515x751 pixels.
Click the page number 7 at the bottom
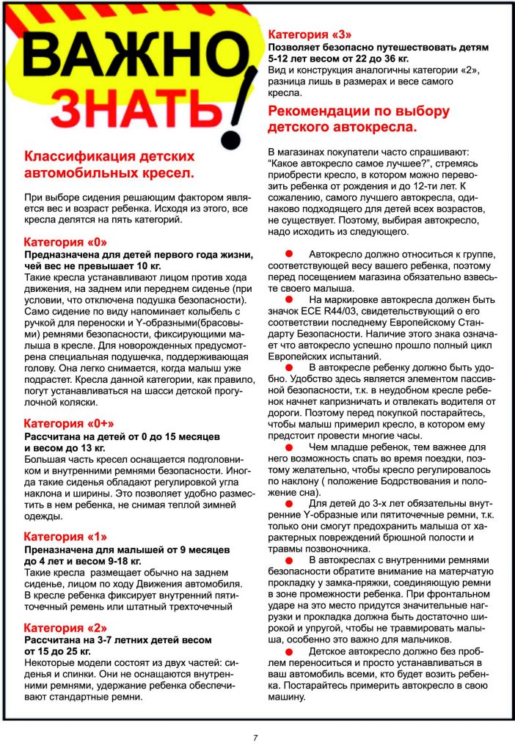(255, 737)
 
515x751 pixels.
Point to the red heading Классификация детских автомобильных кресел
(109, 165)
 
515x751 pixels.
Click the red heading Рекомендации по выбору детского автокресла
(359, 119)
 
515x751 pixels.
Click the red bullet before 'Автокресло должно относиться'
(288, 253)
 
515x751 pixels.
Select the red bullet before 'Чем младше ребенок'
(288, 447)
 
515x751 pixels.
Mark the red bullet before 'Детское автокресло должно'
(288, 651)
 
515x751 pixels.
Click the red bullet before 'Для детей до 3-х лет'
(288, 503)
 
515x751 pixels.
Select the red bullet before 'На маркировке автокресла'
(288, 299)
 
